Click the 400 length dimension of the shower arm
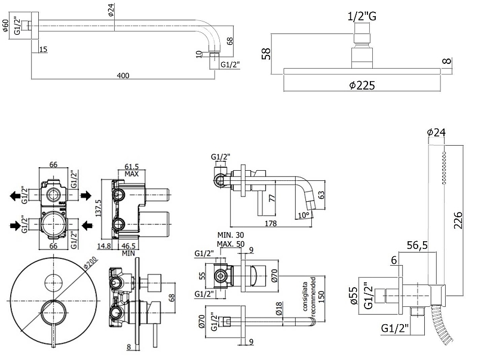pyautogui.click(x=123, y=76)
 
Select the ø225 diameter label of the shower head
pyautogui.click(x=362, y=86)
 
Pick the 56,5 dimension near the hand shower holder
pyautogui.click(x=418, y=244)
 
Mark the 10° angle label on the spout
pyautogui.click(x=304, y=215)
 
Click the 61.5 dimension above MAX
pyautogui.click(x=132, y=166)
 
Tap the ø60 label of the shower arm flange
pyautogui.click(x=5, y=27)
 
